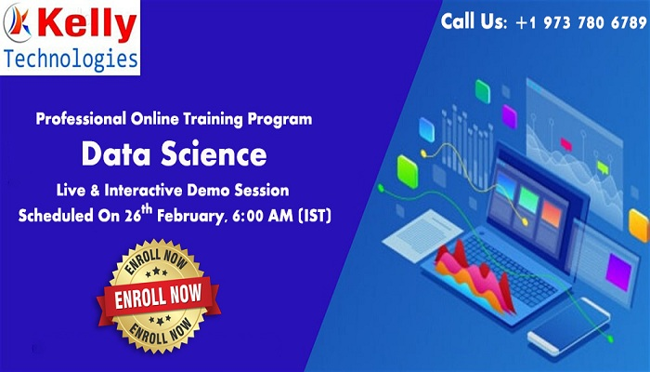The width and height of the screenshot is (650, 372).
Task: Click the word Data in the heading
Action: click(116, 153)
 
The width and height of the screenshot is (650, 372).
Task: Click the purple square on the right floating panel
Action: click(617, 270)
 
